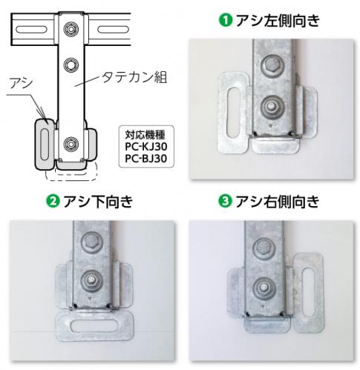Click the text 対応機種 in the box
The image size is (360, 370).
[x=144, y=136]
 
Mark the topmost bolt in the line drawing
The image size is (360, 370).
[x=72, y=30]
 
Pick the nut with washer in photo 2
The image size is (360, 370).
[x=91, y=280]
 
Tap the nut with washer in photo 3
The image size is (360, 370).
[x=263, y=286]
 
